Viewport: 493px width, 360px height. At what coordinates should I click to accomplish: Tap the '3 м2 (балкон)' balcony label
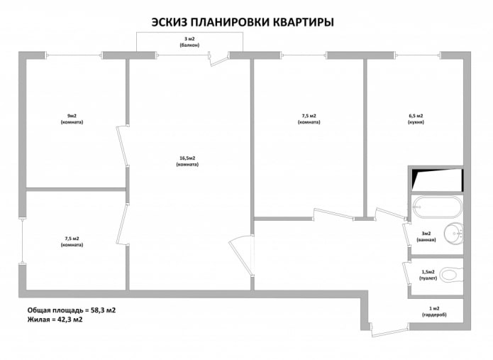tap(189, 41)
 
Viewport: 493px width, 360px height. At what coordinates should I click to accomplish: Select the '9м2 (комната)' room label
tap(72, 119)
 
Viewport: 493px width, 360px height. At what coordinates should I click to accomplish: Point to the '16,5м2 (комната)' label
tap(187, 161)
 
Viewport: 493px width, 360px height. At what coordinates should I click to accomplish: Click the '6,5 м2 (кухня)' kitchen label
tap(416, 119)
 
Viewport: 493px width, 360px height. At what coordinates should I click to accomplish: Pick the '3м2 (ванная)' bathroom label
tap(426, 236)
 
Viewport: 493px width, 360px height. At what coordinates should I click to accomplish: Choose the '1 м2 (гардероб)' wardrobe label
tap(433, 311)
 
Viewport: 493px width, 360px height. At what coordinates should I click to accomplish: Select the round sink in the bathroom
tap(453, 234)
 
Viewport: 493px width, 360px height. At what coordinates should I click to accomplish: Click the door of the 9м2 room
tap(121, 146)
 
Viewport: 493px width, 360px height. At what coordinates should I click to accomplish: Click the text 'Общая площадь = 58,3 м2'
tap(72, 310)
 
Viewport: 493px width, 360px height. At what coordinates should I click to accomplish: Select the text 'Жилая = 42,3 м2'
tap(55, 320)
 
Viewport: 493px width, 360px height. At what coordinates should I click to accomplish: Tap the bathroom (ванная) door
tap(405, 236)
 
